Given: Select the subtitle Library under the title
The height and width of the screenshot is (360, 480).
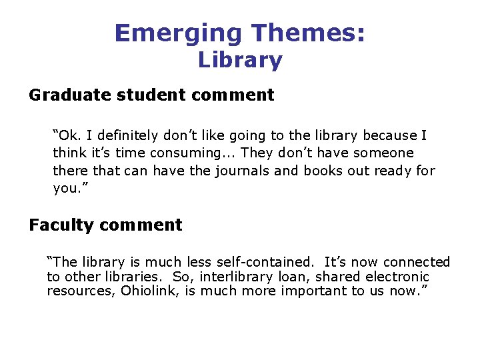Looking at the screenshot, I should (x=240, y=60).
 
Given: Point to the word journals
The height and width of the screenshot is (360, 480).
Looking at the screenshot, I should (x=242, y=171).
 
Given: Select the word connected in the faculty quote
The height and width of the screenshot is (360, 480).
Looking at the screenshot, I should (x=417, y=263).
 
